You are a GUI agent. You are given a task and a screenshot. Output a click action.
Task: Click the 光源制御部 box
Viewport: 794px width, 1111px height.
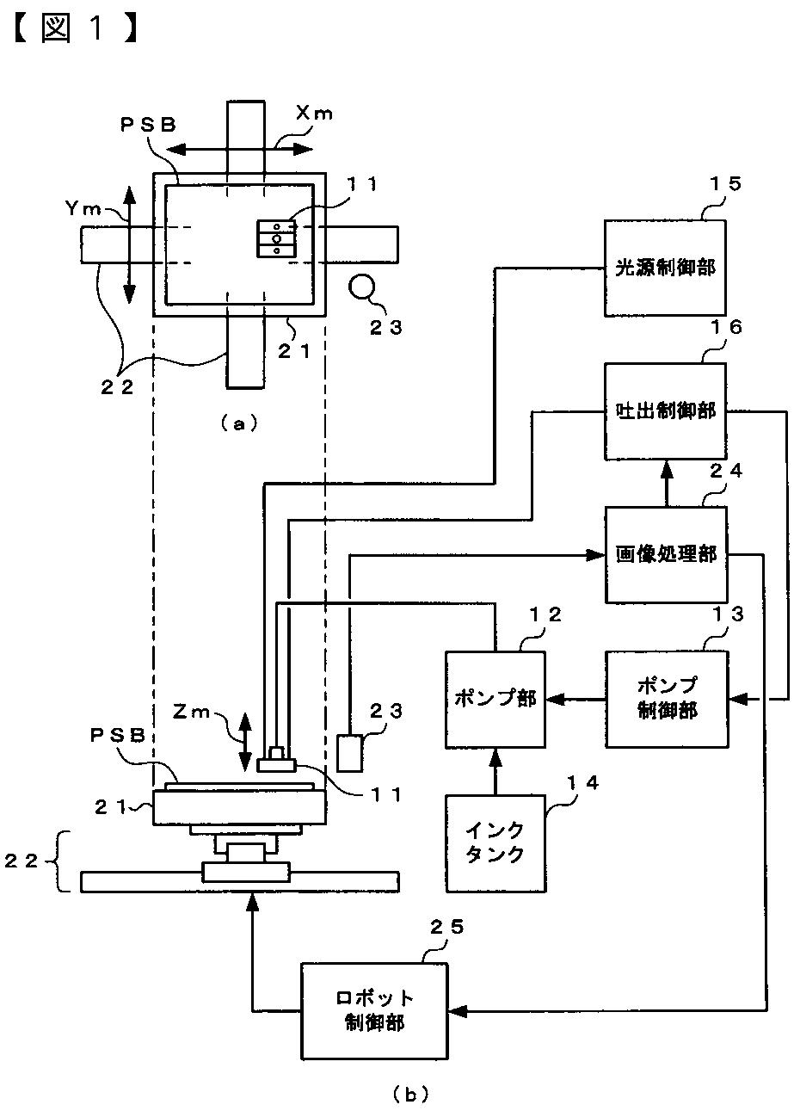click(x=665, y=268)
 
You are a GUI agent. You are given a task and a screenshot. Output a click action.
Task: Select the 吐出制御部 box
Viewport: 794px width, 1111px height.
click(x=665, y=411)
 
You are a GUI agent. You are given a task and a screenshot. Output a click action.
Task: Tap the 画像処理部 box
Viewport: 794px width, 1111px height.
click(x=666, y=554)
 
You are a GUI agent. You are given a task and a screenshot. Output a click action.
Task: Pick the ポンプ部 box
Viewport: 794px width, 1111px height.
click(x=495, y=700)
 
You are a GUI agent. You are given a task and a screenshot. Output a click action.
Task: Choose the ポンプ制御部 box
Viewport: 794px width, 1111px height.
click(x=667, y=700)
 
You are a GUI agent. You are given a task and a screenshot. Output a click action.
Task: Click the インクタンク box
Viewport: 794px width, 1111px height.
click(x=495, y=843)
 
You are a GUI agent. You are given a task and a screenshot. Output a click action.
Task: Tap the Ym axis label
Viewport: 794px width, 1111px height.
click(x=83, y=209)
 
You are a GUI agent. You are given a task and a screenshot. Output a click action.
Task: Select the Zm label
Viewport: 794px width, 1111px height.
click(x=192, y=713)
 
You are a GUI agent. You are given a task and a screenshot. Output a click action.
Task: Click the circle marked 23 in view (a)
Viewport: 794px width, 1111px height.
click(x=361, y=287)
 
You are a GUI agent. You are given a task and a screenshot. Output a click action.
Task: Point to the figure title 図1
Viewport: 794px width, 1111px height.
click(x=74, y=28)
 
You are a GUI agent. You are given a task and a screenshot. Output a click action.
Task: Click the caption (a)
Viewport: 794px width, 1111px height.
click(x=238, y=423)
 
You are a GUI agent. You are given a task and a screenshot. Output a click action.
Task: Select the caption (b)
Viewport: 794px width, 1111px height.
click(x=410, y=1094)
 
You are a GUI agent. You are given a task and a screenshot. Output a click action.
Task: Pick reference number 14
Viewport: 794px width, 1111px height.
click(x=582, y=782)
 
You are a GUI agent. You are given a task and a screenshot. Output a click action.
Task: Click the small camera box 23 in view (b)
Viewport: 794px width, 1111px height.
click(x=349, y=753)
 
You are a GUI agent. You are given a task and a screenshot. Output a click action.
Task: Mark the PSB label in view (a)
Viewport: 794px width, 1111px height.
click(x=148, y=125)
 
